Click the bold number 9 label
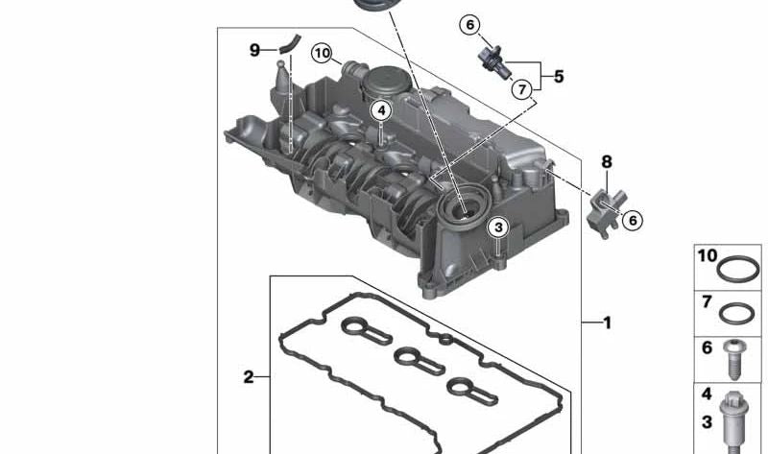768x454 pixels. pyautogui.click(x=254, y=50)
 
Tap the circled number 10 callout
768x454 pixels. pyautogui.click(x=322, y=53)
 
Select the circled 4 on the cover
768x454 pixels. pyautogui.click(x=381, y=111)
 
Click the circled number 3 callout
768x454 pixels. pyautogui.click(x=498, y=227)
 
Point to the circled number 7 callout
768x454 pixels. pyautogui.click(x=522, y=89)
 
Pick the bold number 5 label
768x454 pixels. pyautogui.click(x=559, y=77)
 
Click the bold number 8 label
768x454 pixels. pyautogui.click(x=607, y=161)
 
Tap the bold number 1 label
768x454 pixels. pyautogui.click(x=608, y=323)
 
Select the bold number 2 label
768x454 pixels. pyautogui.click(x=249, y=377)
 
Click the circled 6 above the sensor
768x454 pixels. pyautogui.click(x=470, y=25)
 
